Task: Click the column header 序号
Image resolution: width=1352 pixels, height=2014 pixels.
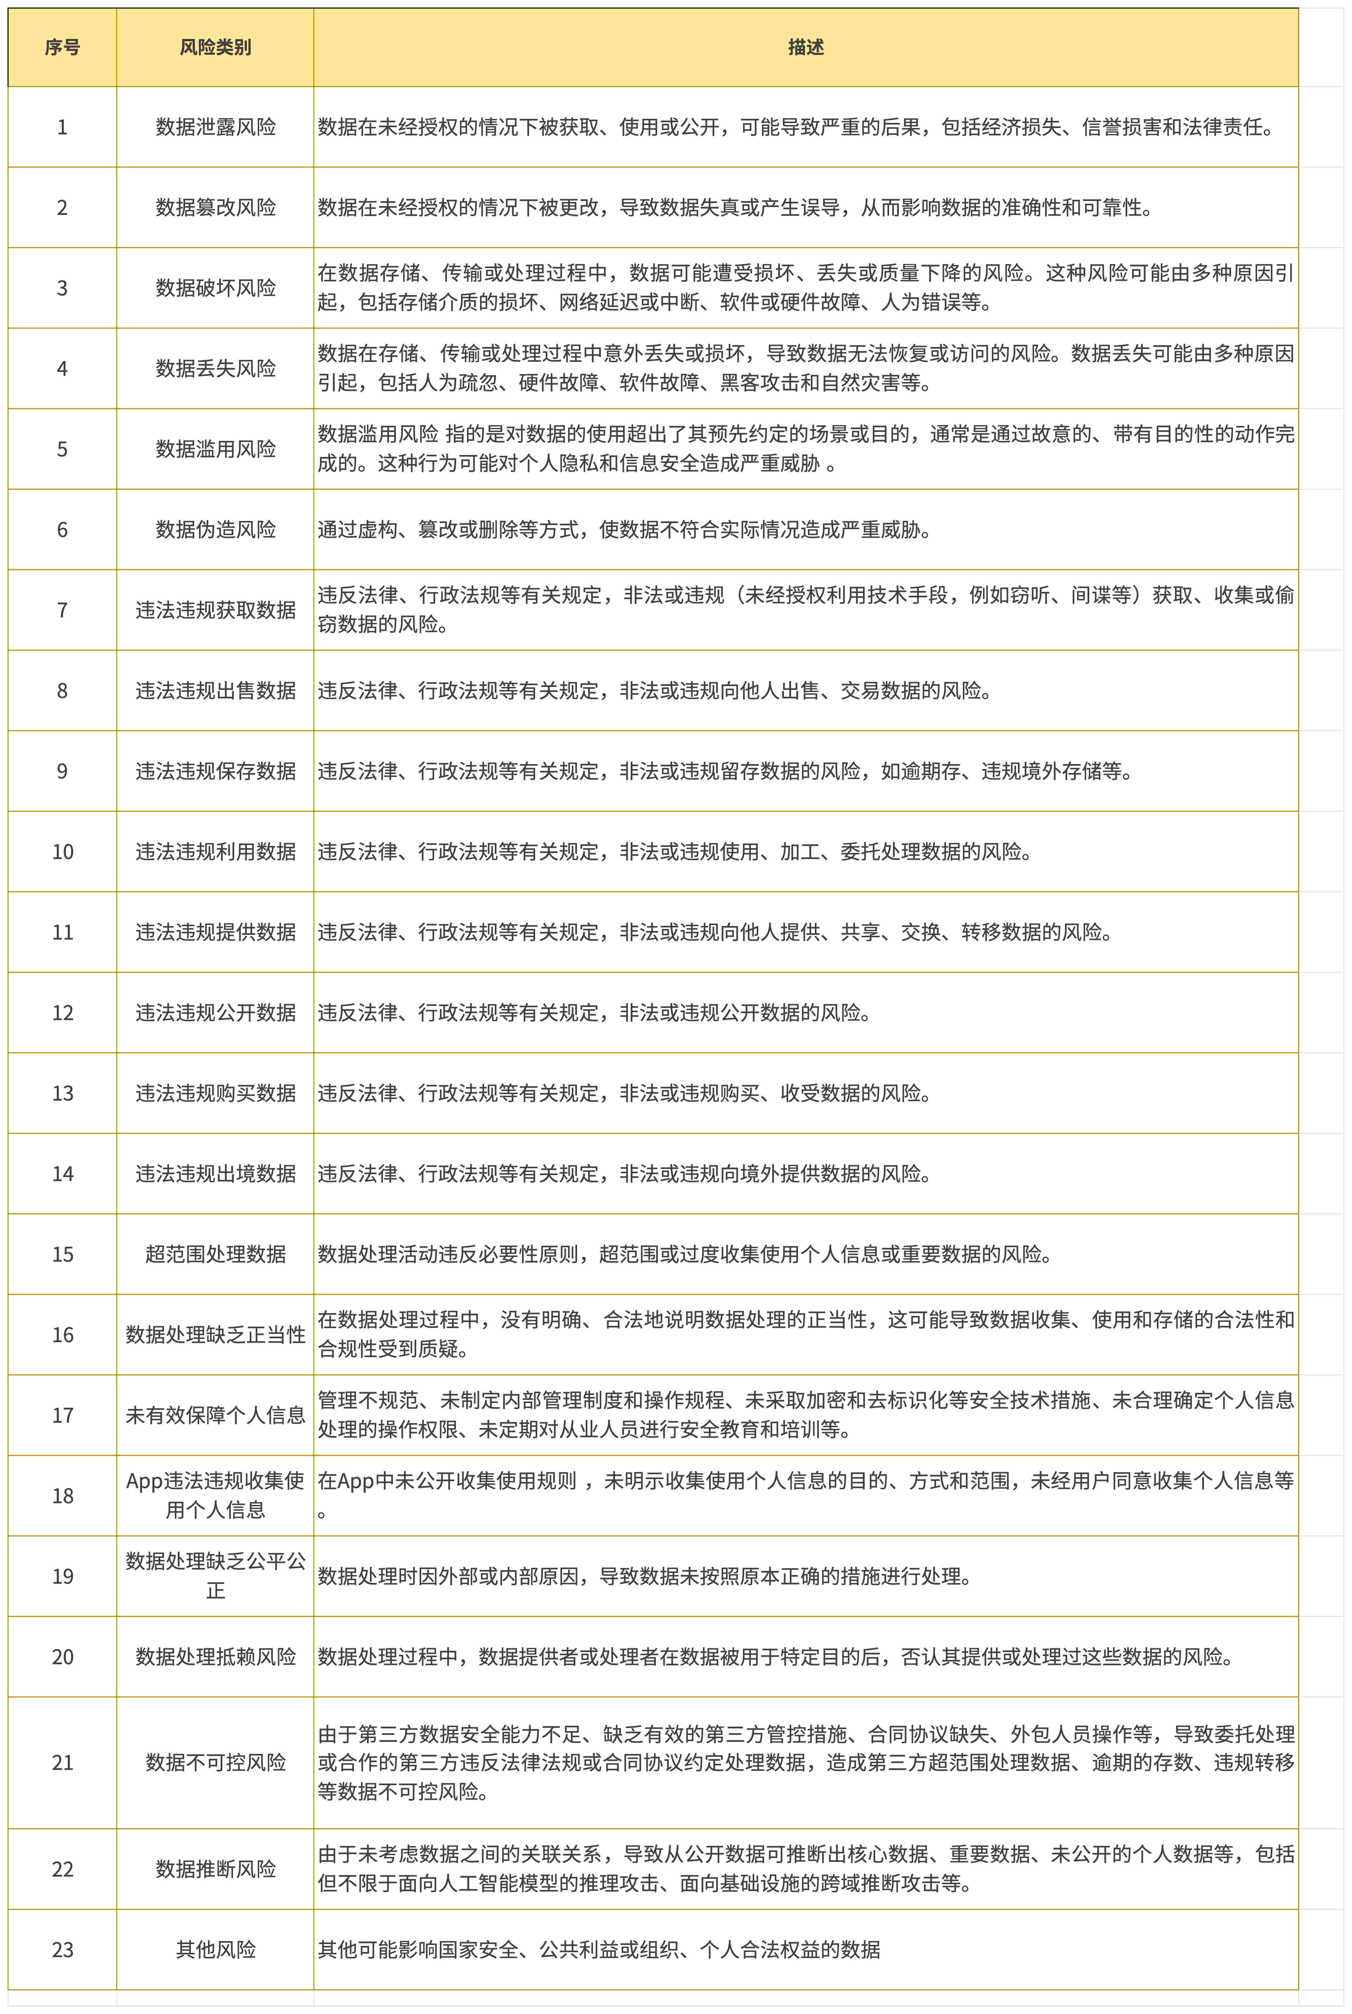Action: pyautogui.click(x=62, y=48)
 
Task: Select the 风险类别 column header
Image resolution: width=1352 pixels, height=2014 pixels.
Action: pyautogui.click(x=215, y=48)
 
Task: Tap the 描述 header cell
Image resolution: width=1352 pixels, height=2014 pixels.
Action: pyautogui.click(x=805, y=48)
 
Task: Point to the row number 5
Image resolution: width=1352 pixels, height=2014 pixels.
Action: pyautogui.click(x=62, y=448)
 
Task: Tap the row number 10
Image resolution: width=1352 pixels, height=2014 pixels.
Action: pyautogui.click(x=62, y=851)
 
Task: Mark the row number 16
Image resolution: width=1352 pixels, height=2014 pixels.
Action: pyautogui.click(x=62, y=1334)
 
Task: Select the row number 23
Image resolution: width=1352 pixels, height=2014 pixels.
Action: pyautogui.click(x=62, y=1949)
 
